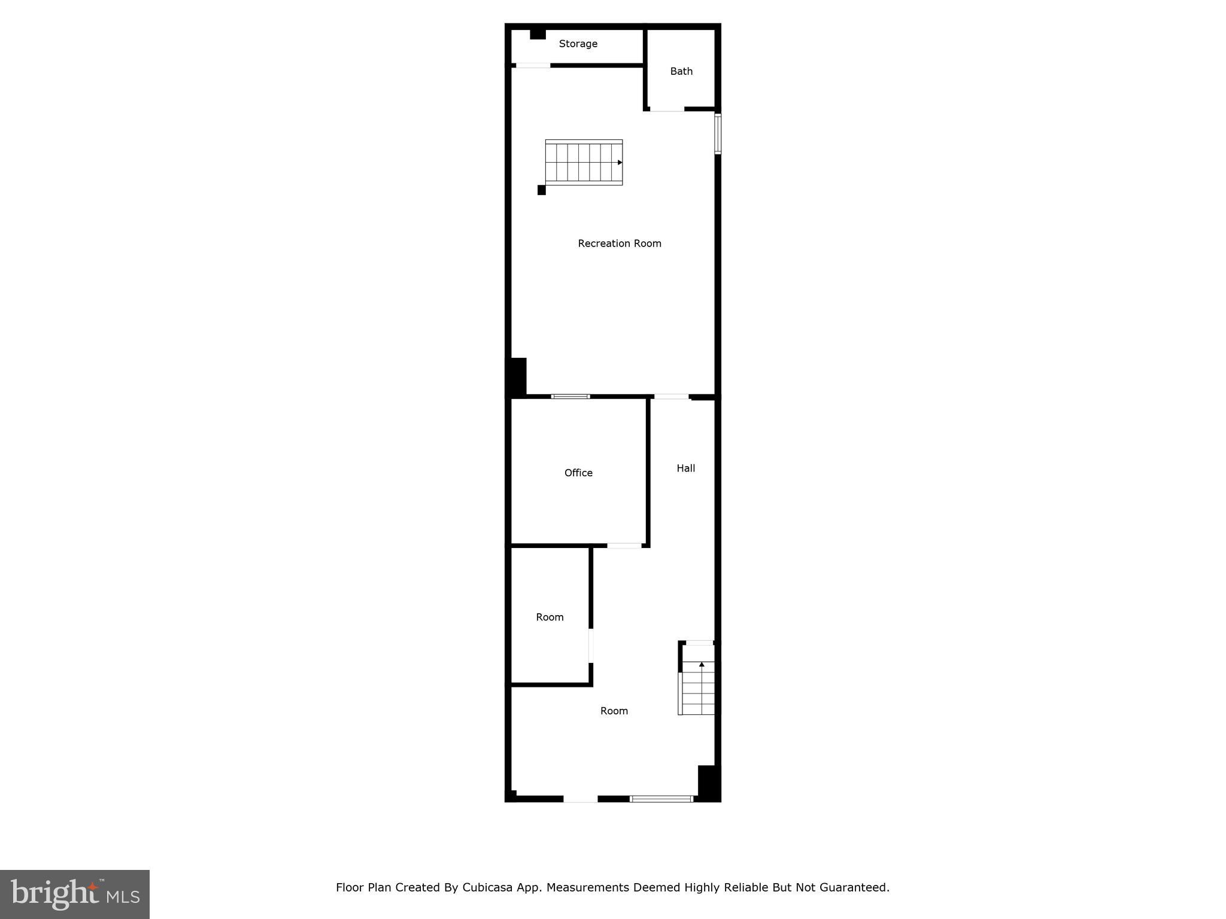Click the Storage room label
coord(578,44)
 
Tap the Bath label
coord(681,71)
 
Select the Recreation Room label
coord(619,243)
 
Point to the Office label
coord(578,473)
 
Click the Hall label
coord(685,468)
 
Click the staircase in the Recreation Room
coord(584,162)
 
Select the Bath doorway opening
coord(667,109)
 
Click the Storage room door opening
coord(533,65)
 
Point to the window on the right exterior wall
coord(717,134)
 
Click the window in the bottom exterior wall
coord(661,798)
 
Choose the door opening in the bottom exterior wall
coord(580,798)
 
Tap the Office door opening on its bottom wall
coord(624,545)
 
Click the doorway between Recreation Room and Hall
coord(671,396)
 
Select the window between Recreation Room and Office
coord(570,396)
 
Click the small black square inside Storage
coord(538,35)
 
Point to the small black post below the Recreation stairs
coord(541,190)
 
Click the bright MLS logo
coord(75,894)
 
